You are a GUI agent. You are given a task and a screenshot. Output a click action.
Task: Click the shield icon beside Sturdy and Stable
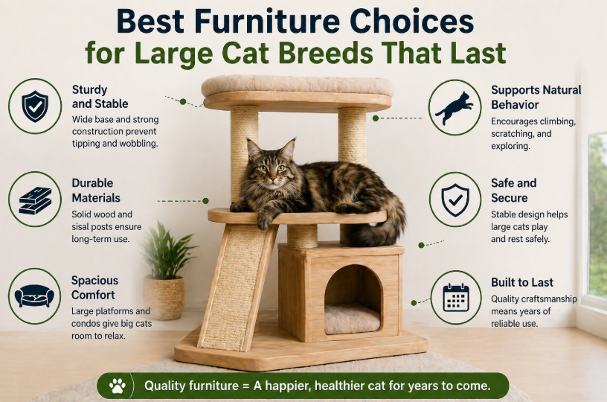coord(35,106)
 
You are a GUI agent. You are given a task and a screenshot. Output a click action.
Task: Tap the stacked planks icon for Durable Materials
coord(35,200)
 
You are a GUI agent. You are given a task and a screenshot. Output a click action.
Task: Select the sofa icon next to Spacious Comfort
coord(34,296)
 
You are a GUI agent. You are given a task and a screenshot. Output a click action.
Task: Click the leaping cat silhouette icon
coord(454,108)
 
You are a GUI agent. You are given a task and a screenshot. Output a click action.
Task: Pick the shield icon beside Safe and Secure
coord(455,200)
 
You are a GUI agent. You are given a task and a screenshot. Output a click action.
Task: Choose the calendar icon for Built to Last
coord(456,298)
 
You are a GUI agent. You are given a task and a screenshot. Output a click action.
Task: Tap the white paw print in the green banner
coord(118,386)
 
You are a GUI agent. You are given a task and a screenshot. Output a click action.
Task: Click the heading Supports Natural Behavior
coord(536,98)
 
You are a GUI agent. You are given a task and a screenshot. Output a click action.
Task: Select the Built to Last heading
coord(522,282)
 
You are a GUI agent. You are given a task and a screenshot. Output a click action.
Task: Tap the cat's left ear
coord(289,148)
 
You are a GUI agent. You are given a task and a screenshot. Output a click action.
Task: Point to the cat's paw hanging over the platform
coord(265,221)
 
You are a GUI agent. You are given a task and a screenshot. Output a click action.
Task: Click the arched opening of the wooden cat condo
coord(353,299)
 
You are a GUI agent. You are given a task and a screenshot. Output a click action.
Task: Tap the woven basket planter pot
coord(164,296)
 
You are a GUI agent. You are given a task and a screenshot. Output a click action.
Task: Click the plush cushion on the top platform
coord(298,86)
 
